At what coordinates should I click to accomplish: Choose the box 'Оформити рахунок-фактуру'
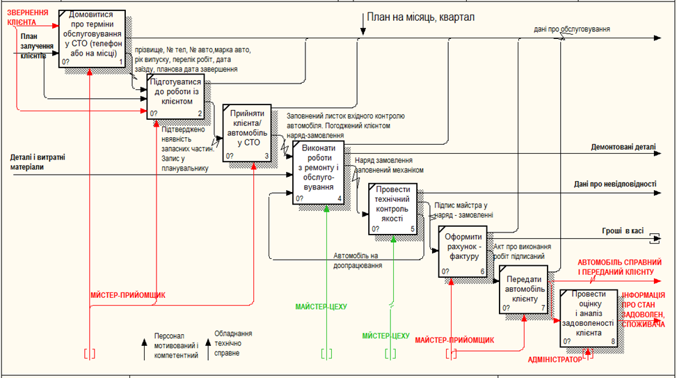click(463, 250)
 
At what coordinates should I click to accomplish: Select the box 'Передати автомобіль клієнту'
click(521, 292)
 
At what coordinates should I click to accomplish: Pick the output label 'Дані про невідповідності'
click(615, 184)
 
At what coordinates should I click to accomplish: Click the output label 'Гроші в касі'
click(622, 230)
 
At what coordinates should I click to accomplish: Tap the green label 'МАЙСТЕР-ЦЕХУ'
click(320, 306)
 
